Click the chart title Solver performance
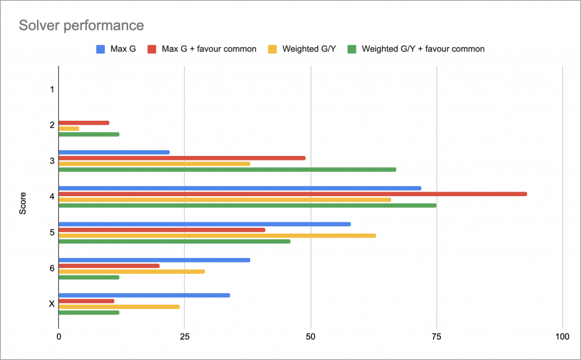(x=81, y=26)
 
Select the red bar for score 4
(x=292, y=194)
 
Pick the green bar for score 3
(x=227, y=170)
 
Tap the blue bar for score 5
(x=204, y=224)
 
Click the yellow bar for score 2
(x=69, y=129)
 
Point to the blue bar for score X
(x=144, y=295)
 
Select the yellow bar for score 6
(x=132, y=272)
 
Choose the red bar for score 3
(x=182, y=158)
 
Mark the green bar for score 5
(x=174, y=242)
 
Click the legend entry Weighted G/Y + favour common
(x=423, y=49)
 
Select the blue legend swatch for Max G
(x=100, y=49)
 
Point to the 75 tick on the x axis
(x=436, y=337)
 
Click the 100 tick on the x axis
(x=562, y=337)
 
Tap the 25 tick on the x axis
(x=184, y=337)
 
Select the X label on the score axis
(x=52, y=304)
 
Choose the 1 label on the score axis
(x=52, y=90)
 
